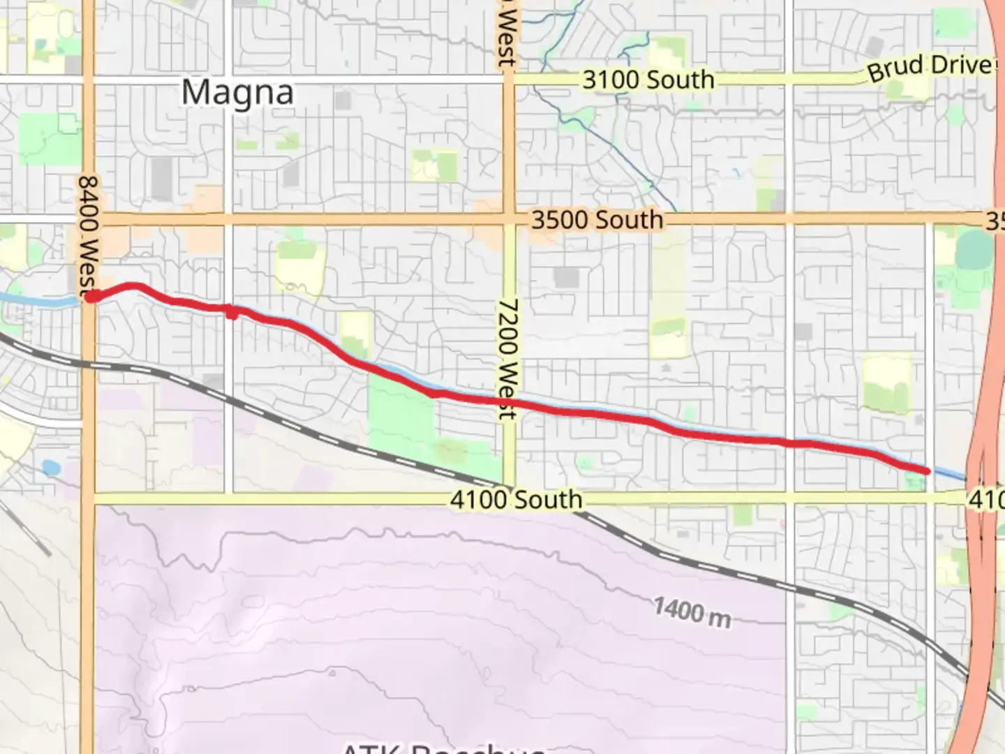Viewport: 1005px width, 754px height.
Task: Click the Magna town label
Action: [237, 93]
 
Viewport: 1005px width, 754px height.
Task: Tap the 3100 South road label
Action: [648, 80]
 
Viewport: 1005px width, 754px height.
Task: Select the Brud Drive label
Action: [930, 68]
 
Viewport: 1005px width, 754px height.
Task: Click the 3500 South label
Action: [597, 220]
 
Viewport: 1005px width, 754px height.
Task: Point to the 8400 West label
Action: [89, 234]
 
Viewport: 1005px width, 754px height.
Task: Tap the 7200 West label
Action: [508, 358]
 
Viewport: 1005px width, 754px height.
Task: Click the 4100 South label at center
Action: [516, 499]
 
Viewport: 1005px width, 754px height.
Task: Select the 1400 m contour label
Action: [692, 612]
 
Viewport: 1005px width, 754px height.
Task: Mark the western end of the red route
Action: [91, 298]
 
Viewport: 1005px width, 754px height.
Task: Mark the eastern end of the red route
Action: [927, 471]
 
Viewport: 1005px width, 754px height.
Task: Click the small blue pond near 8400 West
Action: [50, 467]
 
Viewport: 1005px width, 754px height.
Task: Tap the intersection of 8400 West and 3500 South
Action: [89, 220]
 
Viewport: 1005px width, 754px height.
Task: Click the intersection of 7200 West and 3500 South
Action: [509, 220]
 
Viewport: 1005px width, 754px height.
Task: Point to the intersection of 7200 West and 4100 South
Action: [509, 498]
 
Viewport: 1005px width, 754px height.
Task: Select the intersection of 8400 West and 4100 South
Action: [87, 498]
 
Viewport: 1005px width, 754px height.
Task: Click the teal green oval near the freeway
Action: [975, 250]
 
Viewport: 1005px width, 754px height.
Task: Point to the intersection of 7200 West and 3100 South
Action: [509, 80]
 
